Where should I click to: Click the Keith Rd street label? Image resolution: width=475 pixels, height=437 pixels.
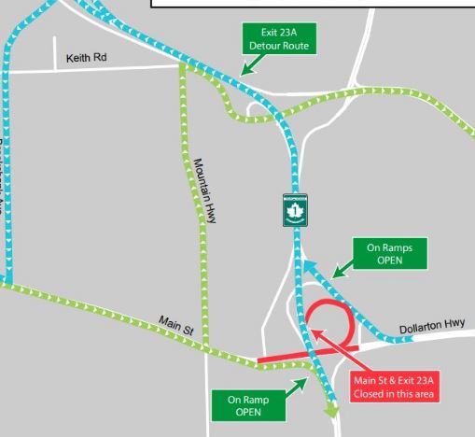[86, 58]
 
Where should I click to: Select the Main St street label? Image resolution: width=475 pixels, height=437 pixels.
[175, 326]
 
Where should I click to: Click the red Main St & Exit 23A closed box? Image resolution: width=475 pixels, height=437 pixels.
[395, 387]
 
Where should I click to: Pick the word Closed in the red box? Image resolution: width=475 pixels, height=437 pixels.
[370, 393]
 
